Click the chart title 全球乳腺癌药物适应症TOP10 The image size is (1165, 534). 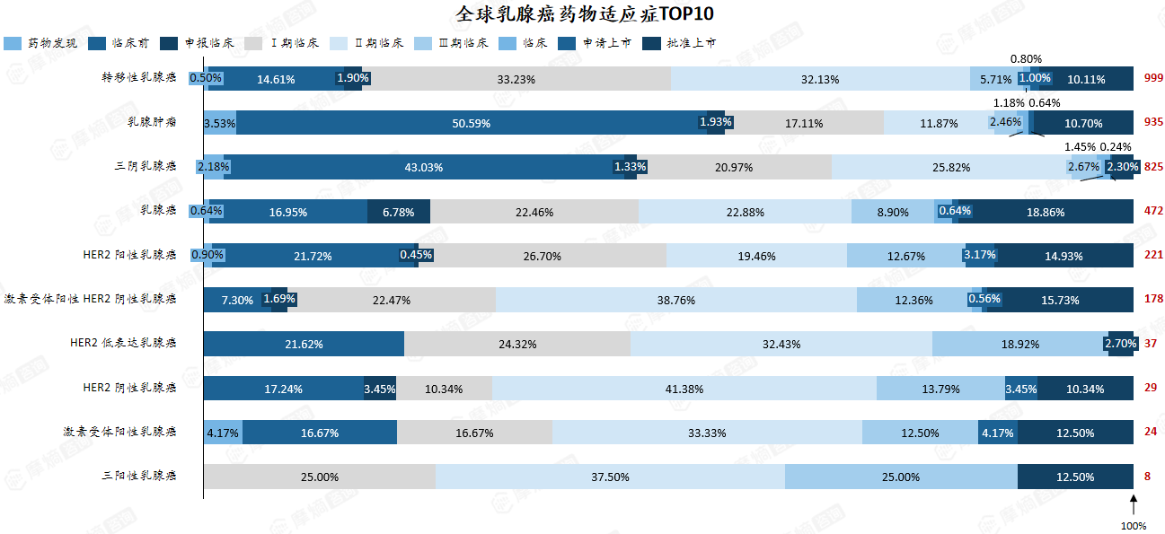585,14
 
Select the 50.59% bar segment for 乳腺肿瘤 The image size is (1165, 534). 472,123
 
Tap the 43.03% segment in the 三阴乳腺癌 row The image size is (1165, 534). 424,167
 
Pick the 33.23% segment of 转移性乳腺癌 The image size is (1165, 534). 516,78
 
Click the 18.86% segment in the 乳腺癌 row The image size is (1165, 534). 1046,212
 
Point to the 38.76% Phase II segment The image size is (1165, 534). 676,300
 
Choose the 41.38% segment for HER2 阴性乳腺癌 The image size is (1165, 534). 684,389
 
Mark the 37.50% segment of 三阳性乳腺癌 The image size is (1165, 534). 610,477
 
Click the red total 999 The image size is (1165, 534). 1153,78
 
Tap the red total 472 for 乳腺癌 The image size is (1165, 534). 1153,210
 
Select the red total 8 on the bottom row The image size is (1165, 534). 1147,476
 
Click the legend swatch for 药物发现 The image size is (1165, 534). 13,43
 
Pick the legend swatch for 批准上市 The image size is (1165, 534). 651,43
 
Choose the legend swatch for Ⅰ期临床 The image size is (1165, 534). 253,43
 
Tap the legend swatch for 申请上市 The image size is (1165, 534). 567,43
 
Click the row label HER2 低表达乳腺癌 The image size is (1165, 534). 123,343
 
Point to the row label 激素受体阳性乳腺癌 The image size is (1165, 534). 119,432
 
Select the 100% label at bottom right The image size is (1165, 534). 1134,526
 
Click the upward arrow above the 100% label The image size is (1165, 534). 1134,504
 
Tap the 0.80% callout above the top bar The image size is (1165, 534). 1026,58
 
